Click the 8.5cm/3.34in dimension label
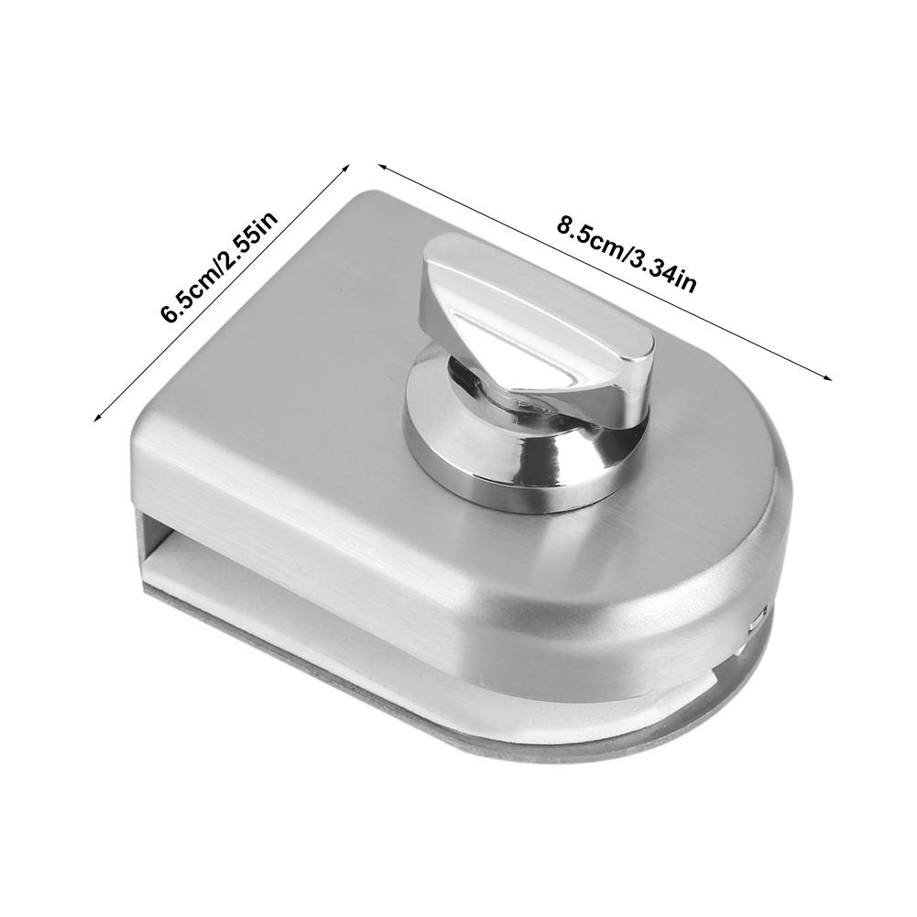[x=626, y=254]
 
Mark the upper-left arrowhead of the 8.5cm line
[x=384, y=168]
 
